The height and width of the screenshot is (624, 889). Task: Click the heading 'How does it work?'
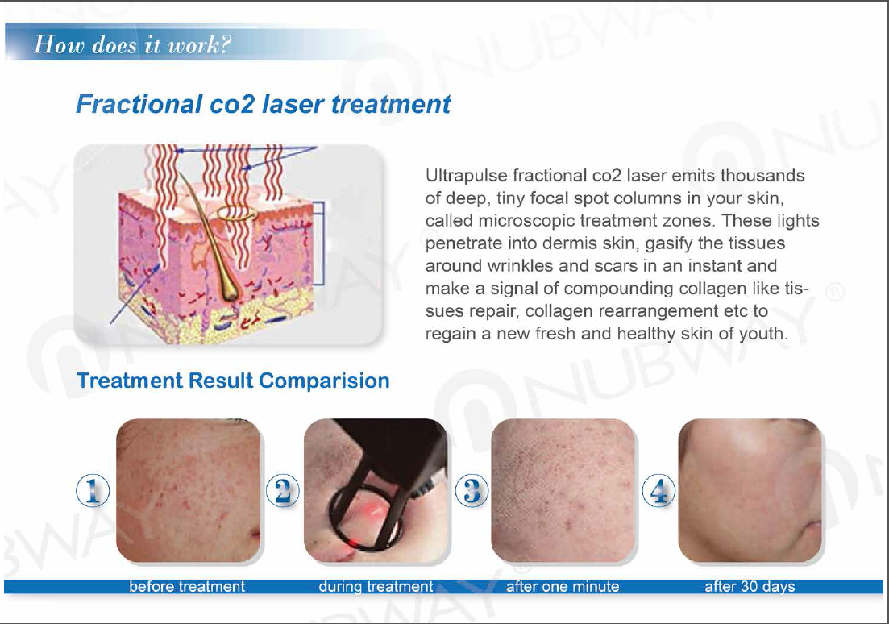click(133, 44)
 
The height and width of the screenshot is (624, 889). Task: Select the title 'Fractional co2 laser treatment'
click(263, 104)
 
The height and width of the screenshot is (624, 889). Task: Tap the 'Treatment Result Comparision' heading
click(233, 381)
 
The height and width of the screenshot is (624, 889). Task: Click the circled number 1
click(93, 491)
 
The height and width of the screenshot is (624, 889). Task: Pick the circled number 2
click(282, 491)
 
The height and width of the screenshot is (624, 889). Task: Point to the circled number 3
click(472, 491)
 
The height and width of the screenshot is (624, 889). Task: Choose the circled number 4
click(658, 491)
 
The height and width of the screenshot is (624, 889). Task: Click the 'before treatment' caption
click(187, 587)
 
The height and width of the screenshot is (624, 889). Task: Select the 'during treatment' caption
click(376, 587)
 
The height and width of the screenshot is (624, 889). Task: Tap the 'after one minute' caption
click(563, 587)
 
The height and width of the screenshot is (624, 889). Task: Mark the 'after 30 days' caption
click(750, 587)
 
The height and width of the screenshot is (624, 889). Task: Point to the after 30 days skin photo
click(750, 491)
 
